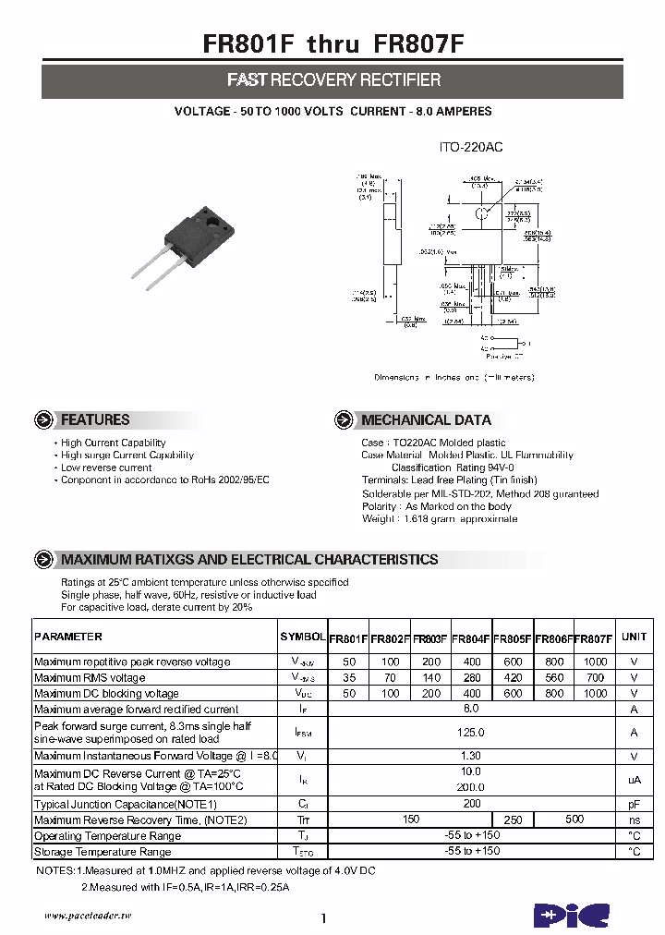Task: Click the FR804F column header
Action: click(x=471, y=637)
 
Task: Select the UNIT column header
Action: click(x=634, y=637)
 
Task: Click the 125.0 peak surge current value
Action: click(x=471, y=732)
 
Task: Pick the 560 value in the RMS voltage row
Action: click(x=554, y=677)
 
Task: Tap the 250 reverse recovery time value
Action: click(x=513, y=820)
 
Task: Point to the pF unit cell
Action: click(x=634, y=804)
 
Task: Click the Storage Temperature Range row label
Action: click(x=103, y=852)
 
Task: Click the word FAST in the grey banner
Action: click(x=248, y=80)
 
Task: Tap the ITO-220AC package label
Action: click(x=470, y=147)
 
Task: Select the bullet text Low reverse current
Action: click(x=106, y=467)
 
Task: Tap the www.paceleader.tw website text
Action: click(x=89, y=915)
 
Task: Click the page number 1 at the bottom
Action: click(x=324, y=918)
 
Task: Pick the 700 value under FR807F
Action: click(x=595, y=677)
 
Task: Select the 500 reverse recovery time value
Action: click(x=574, y=820)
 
